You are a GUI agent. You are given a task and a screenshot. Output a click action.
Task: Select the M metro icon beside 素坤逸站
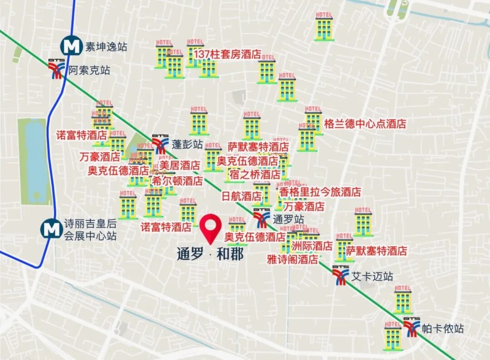72,46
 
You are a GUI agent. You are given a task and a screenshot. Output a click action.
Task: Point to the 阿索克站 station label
89,70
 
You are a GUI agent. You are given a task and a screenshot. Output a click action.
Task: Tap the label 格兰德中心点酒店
365,124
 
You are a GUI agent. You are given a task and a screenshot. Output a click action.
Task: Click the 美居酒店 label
179,165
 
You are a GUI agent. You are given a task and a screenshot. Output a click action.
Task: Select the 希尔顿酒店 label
177,181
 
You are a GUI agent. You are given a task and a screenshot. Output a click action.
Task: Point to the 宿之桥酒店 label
255,174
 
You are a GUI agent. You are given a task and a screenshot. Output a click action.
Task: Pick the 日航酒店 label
241,196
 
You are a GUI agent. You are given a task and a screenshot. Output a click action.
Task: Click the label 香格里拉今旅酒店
320,192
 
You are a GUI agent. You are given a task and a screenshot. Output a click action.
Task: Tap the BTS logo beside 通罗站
261,219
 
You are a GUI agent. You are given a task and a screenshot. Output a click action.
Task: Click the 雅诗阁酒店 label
292,260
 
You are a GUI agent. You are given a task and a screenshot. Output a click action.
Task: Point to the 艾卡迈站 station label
372,277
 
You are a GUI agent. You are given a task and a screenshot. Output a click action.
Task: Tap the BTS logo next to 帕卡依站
412,328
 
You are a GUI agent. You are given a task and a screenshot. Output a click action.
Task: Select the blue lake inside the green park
35,161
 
